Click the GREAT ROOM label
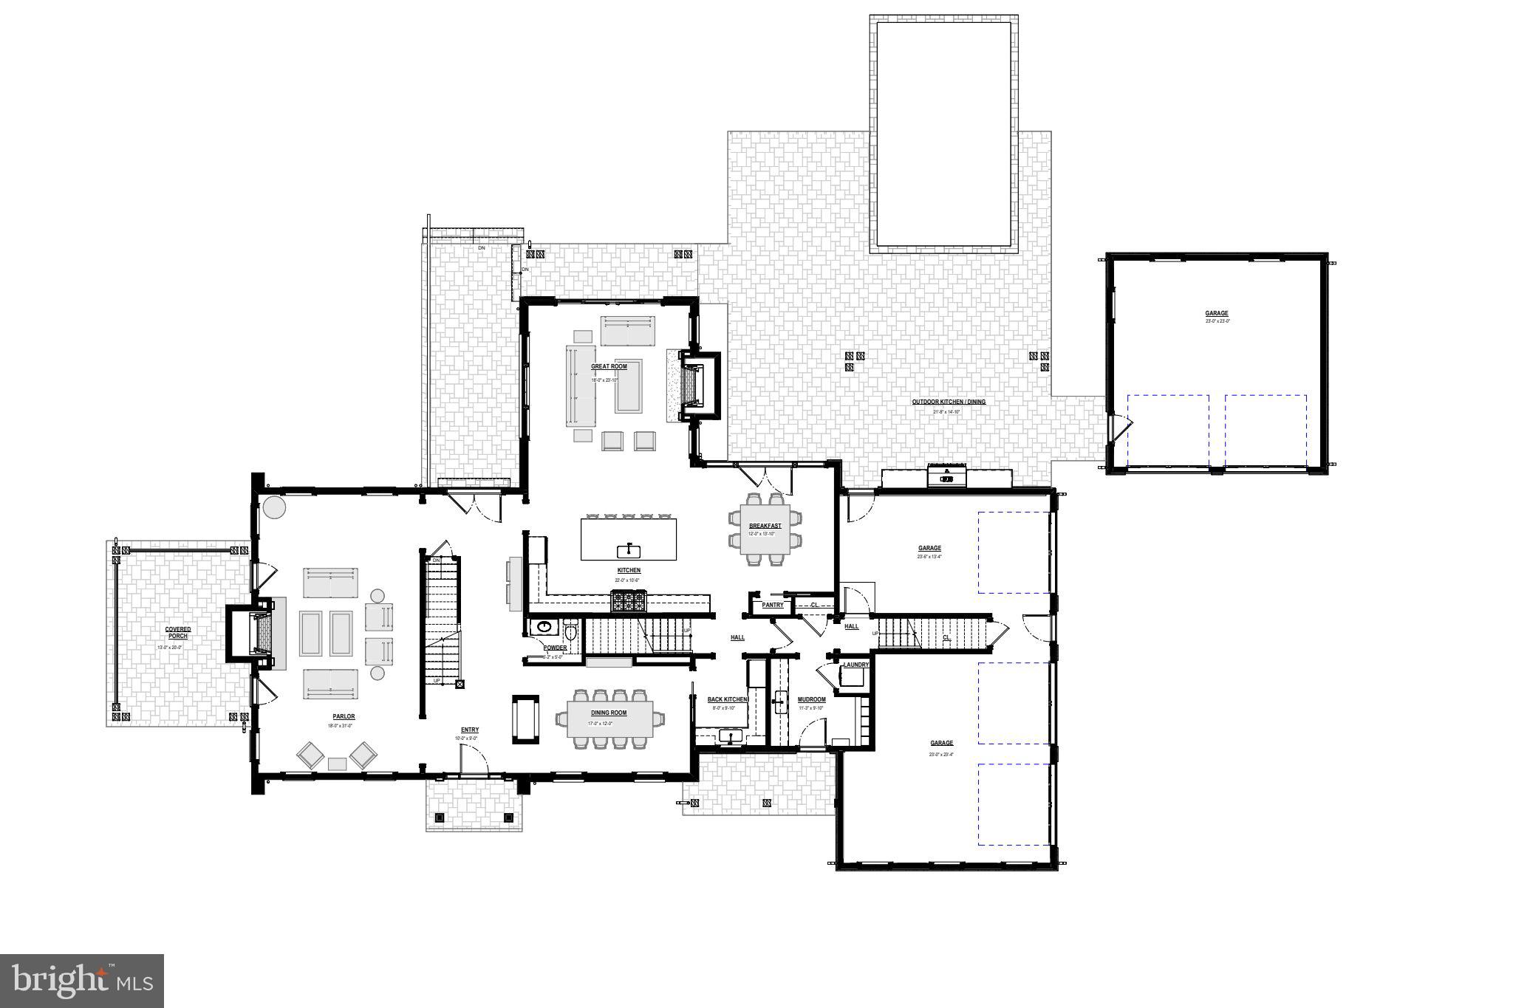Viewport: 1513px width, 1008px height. (x=609, y=366)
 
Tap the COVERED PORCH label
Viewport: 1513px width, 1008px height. (x=177, y=633)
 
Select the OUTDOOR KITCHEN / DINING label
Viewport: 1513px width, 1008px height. (x=948, y=402)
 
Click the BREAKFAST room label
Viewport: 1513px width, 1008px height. (x=765, y=526)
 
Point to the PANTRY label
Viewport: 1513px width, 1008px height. (x=772, y=605)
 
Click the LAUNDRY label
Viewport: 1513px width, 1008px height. (x=855, y=665)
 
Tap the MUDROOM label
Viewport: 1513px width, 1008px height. (x=811, y=699)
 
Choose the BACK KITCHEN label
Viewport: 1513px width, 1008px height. (x=727, y=699)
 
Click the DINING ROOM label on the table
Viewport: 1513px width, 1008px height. (x=608, y=713)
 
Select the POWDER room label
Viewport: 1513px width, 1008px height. (x=555, y=648)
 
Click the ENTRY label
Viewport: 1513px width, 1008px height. (x=470, y=730)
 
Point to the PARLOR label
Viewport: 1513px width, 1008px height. (x=344, y=716)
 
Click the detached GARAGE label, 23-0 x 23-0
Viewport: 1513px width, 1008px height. (x=1217, y=314)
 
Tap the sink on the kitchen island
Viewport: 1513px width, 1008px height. (x=628, y=549)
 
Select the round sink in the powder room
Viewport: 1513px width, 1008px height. (x=544, y=628)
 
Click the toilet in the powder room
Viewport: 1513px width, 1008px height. (x=570, y=632)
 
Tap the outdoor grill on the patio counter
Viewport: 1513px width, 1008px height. (x=946, y=475)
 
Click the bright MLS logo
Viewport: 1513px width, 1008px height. (x=82, y=980)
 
